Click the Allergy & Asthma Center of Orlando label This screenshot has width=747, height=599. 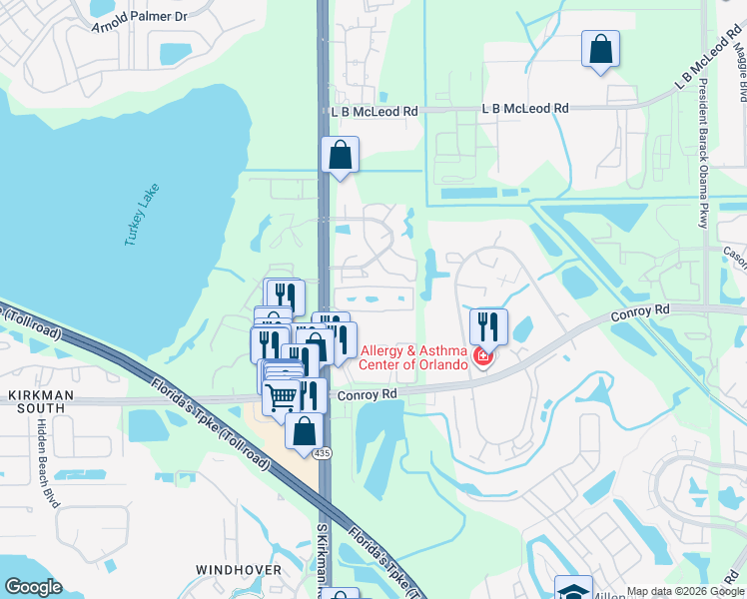point(414,356)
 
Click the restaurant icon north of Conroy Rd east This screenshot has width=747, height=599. point(488,325)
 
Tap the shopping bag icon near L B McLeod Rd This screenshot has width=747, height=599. point(340,156)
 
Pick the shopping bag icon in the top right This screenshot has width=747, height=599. point(600,49)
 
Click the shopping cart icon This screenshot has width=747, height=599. point(284,396)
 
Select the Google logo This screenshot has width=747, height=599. point(34,587)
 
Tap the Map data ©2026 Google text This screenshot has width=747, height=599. point(684,591)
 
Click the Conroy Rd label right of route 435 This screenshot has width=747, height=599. point(368,394)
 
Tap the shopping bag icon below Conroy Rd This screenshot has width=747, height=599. point(304,431)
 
